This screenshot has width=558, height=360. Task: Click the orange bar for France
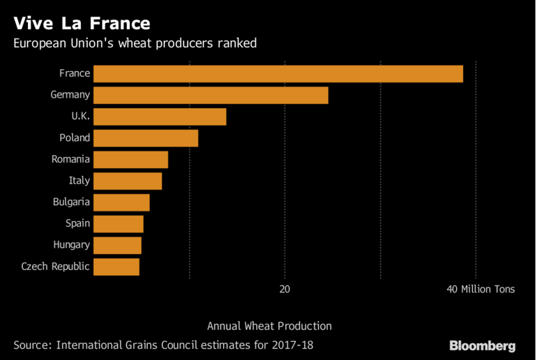(x=278, y=74)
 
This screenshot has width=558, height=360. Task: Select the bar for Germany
(x=210, y=96)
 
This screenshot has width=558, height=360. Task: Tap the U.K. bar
(x=159, y=117)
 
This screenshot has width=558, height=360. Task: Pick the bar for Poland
(x=145, y=138)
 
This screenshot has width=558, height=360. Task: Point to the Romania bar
(x=130, y=160)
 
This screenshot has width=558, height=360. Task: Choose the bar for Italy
(x=127, y=181)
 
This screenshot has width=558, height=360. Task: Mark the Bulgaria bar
(x=121, y=202)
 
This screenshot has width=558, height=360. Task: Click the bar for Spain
(x=118, y=224)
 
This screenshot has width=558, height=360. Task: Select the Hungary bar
(x=116, y=246)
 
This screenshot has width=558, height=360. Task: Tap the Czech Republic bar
(x=116, y=267)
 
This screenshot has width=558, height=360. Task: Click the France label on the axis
(x=75, y=74)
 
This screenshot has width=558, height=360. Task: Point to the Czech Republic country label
(x=56, y=267)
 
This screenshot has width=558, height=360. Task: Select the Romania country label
(x=70, y=160)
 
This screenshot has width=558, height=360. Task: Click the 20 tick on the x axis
(x=285, y=289)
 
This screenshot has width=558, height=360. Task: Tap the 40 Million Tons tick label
(x=480, y=289)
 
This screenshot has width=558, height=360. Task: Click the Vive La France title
(x=82, y=23)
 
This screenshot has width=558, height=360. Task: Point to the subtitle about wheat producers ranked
(x=135, y=43)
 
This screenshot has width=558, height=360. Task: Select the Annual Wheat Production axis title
(x=269, y=326)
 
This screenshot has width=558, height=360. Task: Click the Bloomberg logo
(x=482, y=345)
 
